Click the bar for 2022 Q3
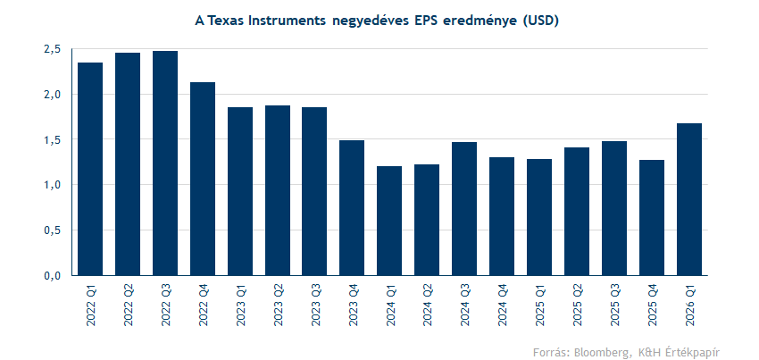pyautogui.click(x=165, y=163)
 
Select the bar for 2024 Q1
pyautogui.click(x=389, y=221)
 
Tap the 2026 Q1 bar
pyautogui.click(x=688, y=199)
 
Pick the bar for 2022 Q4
pyautogui.click(x=203, y=179)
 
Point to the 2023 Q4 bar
pyautogui.click(x=352, y=207)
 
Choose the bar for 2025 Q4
pyautogui.click(x=651, y=217)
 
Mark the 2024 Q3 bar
pyautogui.click(x=464, y=208)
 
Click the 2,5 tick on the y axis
pyautogui.click(x=52, y=49)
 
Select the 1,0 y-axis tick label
pyautogui.click(x=52, y=185)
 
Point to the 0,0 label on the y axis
pyautogui.click(x=52, y=275)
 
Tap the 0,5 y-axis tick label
pyautogui.click(x=52, y=230)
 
